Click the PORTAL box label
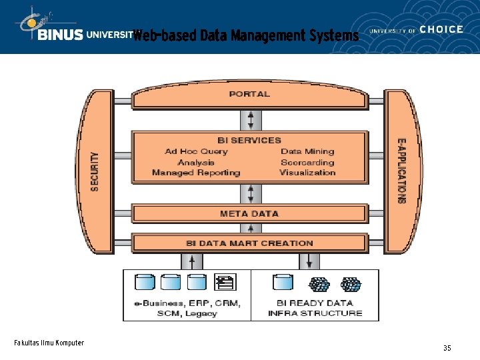pyautogui.click(x=249, y=94)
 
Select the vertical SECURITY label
pyautogui.click(x=95, y=172)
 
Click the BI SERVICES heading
pyautogui.click(x=249, y=140)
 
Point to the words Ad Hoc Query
pyautogui.click(x=196, y=151)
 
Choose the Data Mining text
pyautogui.click(x=307, y=151)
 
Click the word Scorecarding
pyautogui.click(x=307, y=162)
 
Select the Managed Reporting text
pyautogui.click(x=196, y=173)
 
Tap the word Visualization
pyautogui.click(x=307, y=173)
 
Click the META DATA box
pyautogui.click(x=249, y=214)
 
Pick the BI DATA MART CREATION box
pyautogui.click(x=249, y=243)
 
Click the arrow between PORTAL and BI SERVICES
pyautogui.click(x=251, y=120)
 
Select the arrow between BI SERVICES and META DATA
pyautogui.click(x=251, y=194)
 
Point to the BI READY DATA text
pyautogui.click(x=315, y=303)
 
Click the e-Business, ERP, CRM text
pyautogui.click(x=187, y=303)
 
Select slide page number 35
pyautogui.click(x=447, y=348)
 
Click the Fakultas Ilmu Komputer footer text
pyautogui.click(x=49, y=343)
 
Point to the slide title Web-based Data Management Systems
pyautogui.click(x=245, y=35)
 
